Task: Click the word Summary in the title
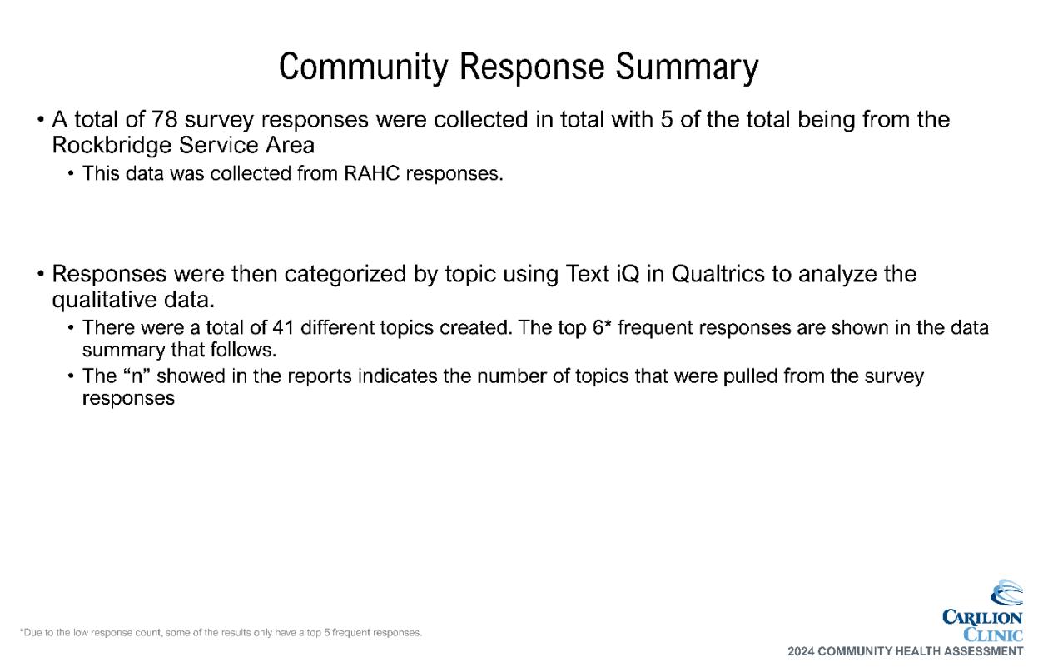coord(687,67)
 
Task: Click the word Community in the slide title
coord(363,67)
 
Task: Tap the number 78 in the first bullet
coord(165,119)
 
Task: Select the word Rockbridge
coord(112,145)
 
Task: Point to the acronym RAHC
coord(371,173)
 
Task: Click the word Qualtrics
coord(718,274)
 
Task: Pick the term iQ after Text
coord(628,274)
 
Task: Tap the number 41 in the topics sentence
coord(283,327)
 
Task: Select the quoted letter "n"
coord(137,376)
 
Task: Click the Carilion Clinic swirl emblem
coord(1006,592)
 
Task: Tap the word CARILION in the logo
coord(982,617)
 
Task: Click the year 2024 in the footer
coord(801,651)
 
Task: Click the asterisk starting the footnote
coord(22,631)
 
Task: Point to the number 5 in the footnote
coord(326,633)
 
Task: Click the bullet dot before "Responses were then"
coord(41,274)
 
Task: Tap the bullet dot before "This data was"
coord(71,174)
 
